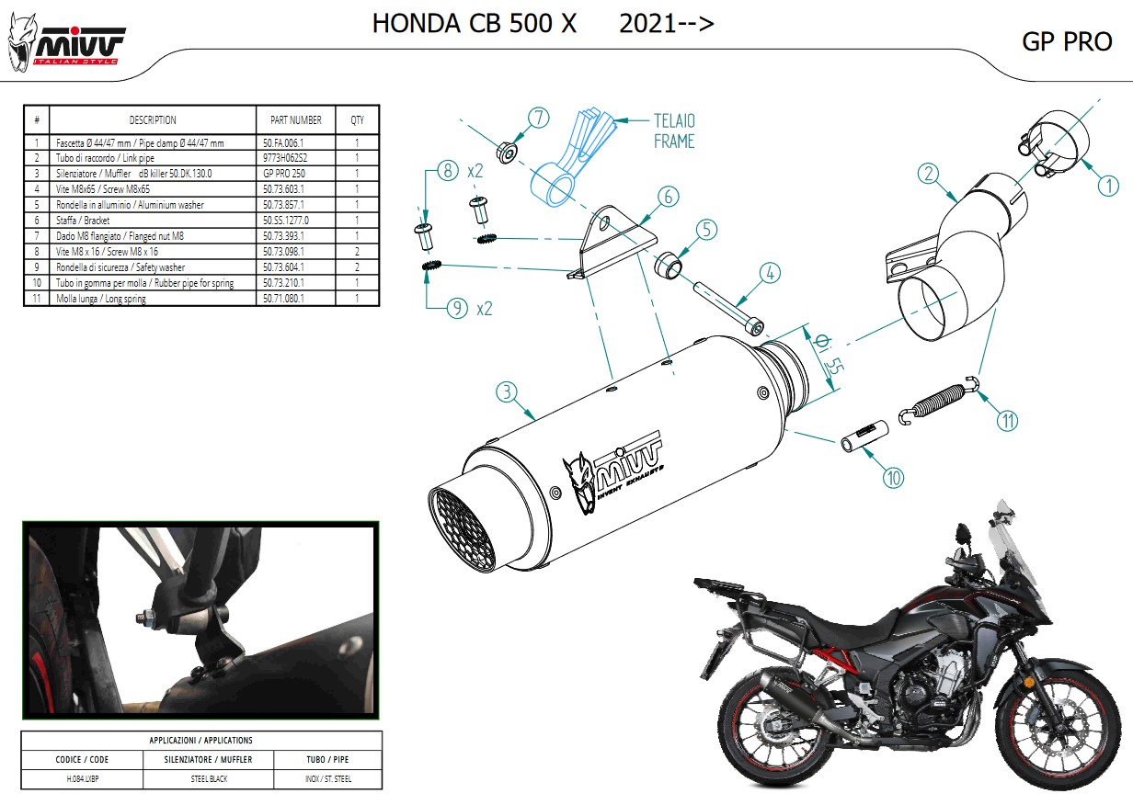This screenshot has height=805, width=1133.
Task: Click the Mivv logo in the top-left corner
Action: [x=66, y=44]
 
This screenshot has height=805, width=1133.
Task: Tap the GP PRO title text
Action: [x=1067, y=41]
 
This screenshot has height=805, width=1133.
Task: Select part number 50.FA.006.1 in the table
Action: [x=283, y=143]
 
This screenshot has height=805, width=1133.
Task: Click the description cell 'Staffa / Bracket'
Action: [x=83, y=221]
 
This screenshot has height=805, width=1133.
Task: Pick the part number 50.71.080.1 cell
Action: [x=284, y=299]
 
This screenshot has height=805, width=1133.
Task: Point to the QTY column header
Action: [x=357, y=120]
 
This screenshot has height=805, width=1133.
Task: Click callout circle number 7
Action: [x=538, y=118]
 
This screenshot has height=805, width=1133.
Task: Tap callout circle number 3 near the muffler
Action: [x=507, y=391]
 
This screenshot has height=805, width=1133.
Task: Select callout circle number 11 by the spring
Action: [x=1008, y=421]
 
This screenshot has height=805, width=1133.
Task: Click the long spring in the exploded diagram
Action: [x=939, y=402]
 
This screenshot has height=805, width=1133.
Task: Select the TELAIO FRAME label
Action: [x=674, y=130]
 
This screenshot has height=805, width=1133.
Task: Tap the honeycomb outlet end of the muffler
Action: [x=463, y=530]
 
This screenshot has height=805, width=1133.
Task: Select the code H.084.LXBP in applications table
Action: [x=83, y=778]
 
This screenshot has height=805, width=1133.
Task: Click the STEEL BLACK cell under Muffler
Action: [x=209, y=778]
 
